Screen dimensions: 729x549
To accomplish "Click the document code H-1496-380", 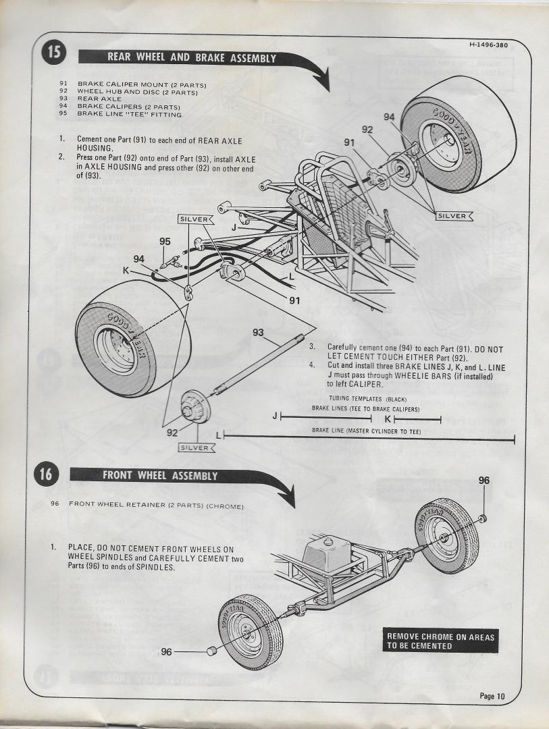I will (488, 45).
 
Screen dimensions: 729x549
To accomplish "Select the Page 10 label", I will (492, 696).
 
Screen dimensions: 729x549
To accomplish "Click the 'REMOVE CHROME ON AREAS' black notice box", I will (440, 641).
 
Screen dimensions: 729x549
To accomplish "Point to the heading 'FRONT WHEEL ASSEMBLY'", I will (160, 475).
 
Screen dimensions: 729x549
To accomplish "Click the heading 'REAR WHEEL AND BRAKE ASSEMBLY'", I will (191, 57).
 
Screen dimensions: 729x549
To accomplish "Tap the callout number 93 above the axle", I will (258, 332).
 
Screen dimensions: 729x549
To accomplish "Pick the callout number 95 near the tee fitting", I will (165, 241).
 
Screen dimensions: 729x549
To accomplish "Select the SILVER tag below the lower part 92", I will (195, 447).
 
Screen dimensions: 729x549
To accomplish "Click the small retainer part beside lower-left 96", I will (208, 650).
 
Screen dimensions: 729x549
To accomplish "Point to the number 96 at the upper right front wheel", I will (483, 481).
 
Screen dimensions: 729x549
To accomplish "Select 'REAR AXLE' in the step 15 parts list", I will (99, 99).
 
